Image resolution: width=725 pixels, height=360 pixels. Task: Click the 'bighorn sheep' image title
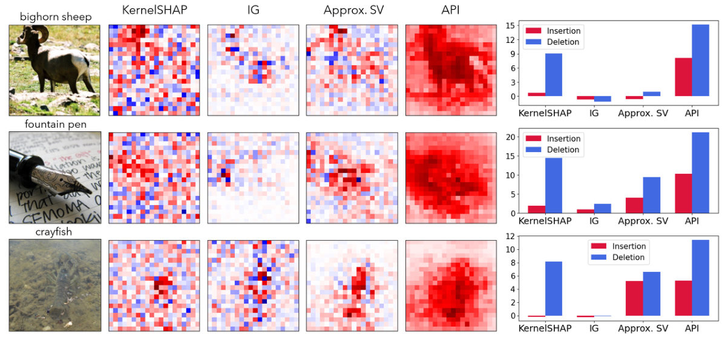coord(55,16)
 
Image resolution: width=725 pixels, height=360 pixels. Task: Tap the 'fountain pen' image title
coord(55,124)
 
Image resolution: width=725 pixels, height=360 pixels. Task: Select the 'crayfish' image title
coord(55,232)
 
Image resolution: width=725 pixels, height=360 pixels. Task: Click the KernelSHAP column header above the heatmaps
coord(154,10)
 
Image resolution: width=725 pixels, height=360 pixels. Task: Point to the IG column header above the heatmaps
coord(252,10)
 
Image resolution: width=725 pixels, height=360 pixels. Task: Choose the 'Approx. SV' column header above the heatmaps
coord(352,10)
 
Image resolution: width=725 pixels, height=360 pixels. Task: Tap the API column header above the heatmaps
coord(451,10)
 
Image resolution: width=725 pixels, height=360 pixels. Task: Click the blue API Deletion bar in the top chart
coord(700,61)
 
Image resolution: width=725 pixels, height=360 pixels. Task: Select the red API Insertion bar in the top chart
coord(683,77)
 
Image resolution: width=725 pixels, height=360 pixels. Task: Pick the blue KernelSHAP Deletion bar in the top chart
coord(553,75)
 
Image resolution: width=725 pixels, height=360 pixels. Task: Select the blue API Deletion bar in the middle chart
coord(700,173)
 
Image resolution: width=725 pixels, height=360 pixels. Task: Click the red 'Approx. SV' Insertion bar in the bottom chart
coord(634,298)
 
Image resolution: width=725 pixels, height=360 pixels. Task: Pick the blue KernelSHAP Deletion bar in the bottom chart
coord(553,289)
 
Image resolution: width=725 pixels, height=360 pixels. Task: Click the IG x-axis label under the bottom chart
coord(594,329)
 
